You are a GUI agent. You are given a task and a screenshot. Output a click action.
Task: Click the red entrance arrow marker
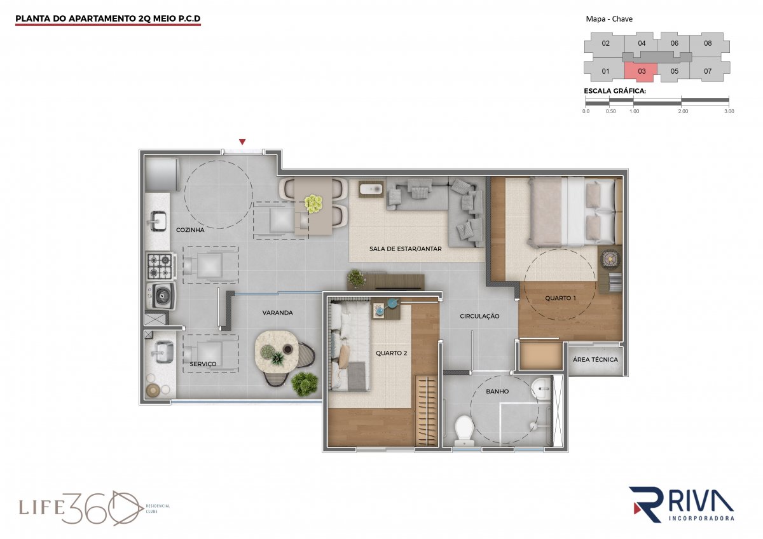click(242, 142)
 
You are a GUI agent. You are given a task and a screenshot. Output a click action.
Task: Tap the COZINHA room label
click(190, 230)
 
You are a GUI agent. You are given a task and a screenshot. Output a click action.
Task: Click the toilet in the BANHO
click(464, 431)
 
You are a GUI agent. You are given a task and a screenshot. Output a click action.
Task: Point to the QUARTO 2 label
click(392, 353)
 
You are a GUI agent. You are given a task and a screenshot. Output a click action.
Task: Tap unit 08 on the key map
click(708, 43)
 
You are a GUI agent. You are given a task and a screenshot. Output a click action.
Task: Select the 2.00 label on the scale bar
click(683, 111)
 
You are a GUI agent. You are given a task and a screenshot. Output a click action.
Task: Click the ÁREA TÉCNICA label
click(595, 359)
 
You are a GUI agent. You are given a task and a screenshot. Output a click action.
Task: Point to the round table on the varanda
click(277, 353)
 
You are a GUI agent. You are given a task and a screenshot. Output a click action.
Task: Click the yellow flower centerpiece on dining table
click(313, 203)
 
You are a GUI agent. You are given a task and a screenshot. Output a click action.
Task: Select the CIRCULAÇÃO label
click(479, 316)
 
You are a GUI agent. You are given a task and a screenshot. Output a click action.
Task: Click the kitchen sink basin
click(158, 221)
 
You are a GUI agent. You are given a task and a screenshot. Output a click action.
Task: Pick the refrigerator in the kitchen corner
click(162, 175)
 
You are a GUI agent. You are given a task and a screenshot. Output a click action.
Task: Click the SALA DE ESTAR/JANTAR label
click(406, 249)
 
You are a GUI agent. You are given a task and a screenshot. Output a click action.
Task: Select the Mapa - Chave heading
click(609, 19)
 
